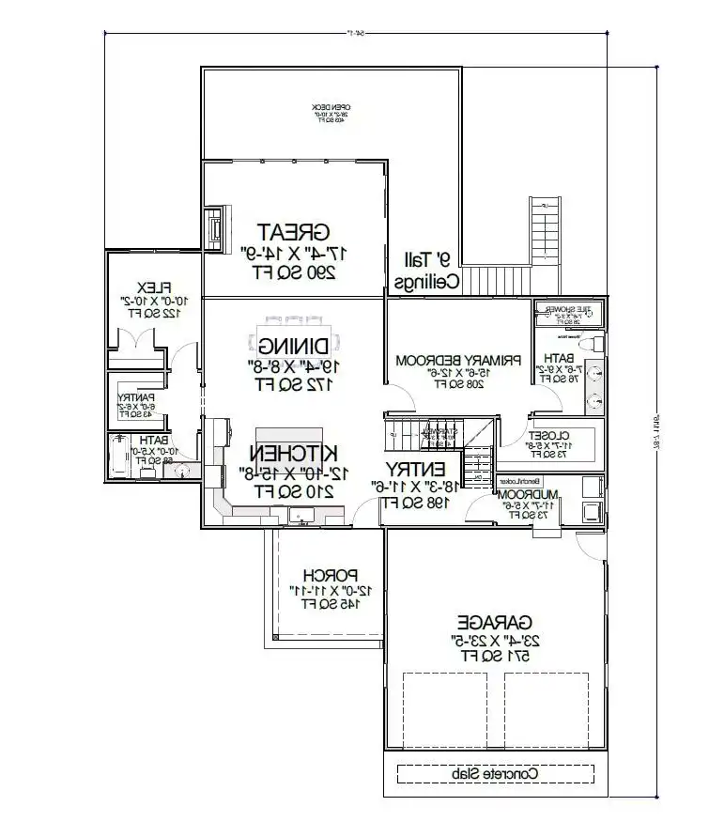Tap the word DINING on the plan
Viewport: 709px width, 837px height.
pyautogui.click(x=293, y=347)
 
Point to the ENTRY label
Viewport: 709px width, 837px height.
pyautogui.click(x=414, y=469)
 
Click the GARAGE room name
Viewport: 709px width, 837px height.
pyautogui.click(x=495, y=622)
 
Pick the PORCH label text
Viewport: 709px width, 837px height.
pyautogui.click(x=329, y=575)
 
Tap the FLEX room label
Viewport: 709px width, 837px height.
pyautogui.click(x=151, y=287)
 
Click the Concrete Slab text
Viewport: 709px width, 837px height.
pyautogui.click(x=494, y=774)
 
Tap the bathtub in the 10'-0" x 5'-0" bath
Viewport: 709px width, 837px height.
pyautogui.click(x=119, y=455)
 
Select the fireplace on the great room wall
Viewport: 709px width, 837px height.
pyautogui.click(x=216, y=227)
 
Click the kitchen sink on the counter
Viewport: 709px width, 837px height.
pyautogui.click(x=302, y=514)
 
